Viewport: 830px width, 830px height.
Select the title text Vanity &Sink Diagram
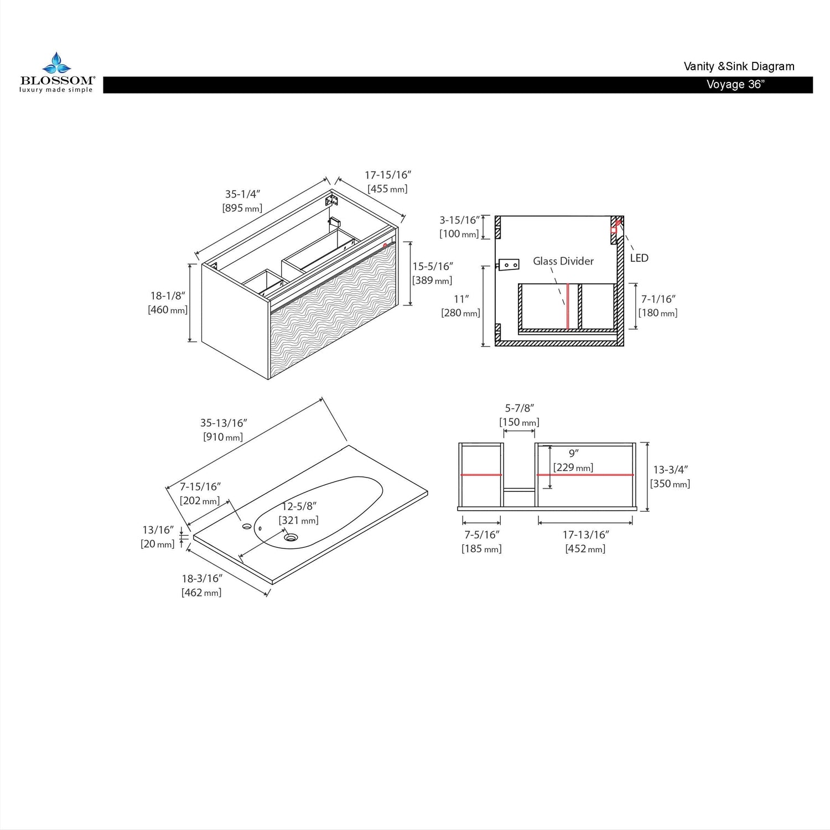[x=739, y=66]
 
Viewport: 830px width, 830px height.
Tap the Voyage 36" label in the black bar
[x=735, y=85]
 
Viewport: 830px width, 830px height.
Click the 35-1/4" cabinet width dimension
[x=242, y=194]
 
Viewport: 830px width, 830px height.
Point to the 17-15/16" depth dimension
[x=388, y=175]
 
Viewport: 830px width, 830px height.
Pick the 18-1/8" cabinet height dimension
[x=168, y=296]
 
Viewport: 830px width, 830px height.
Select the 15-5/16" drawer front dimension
[x=433, y=267]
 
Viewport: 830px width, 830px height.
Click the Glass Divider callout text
[x=563, y=261]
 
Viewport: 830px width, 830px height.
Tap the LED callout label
[x=639, y=258]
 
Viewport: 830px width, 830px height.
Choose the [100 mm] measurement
[x=459, y=234]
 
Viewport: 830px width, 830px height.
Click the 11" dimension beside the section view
[x=461, y=299]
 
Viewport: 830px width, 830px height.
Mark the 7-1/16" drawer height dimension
[x=658, y=299]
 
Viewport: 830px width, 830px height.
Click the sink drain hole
[x=291, y=537]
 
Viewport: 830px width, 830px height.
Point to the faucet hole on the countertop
[x=246, y=526]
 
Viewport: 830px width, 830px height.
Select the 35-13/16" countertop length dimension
[x=224, y=423]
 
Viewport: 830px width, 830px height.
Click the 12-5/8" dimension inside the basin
[x=299, y=506]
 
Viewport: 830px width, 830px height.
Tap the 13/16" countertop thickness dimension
[x=158, y=530]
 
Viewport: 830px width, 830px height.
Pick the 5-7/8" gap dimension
[x=519, y=408]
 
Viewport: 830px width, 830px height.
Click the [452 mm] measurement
[x=585, y=549]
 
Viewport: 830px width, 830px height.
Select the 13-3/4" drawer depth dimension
[x=671, y=470]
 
